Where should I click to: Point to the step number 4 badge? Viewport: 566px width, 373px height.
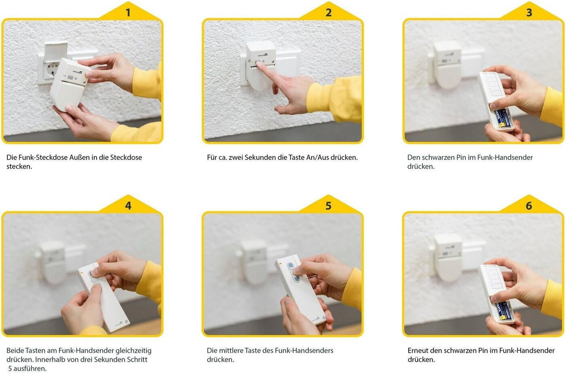point(128,205)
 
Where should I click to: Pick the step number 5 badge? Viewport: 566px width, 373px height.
point(328,205)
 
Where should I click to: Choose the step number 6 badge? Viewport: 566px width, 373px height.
point(529,205)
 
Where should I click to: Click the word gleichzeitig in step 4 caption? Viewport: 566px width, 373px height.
point(133,351)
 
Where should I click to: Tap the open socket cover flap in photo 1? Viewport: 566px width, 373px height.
point(56,51)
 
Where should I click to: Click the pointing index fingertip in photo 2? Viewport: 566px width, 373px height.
point(259,64)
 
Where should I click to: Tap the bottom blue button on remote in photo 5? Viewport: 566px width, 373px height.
point(296,279)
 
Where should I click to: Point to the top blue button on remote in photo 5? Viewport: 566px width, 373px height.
point(290,265)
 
